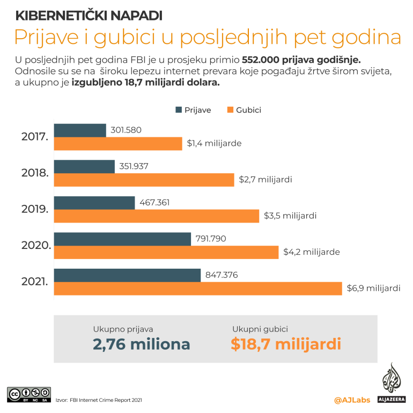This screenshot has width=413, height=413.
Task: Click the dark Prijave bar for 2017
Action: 80,130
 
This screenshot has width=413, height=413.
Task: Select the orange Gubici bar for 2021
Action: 198,289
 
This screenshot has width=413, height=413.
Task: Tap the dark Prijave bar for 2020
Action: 123,239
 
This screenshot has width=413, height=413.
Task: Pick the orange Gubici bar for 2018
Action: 144,180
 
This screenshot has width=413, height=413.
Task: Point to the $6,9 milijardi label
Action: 373,289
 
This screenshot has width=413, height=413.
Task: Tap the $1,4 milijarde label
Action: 214,144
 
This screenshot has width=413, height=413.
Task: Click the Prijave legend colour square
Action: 179,110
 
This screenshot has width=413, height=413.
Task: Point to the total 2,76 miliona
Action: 142,344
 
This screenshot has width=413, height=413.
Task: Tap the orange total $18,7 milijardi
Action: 286,344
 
